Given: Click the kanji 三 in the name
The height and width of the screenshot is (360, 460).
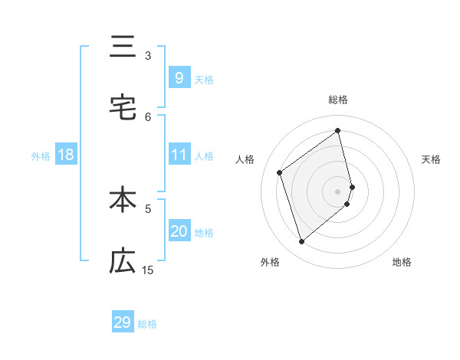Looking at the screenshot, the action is [x=122, y=47].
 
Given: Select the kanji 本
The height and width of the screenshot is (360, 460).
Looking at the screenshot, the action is [x=122, y=201].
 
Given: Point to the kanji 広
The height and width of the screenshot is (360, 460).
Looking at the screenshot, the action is [x=122, y=262].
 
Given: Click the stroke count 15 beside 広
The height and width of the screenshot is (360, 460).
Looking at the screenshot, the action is [x=148, y=270].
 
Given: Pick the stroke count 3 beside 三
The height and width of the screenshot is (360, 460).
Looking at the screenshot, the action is [x=148, y=55].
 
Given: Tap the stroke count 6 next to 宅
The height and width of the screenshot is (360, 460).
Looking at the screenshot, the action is [x=148, y=116].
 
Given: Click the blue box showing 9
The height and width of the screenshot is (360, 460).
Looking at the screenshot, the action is [x=179, y=77].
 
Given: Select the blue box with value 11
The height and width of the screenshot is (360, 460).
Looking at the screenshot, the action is [x=179, y=155].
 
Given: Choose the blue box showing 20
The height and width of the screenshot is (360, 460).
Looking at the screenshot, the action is [x=179, y=231].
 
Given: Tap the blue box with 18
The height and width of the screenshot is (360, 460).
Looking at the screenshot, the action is [x=66, y=155].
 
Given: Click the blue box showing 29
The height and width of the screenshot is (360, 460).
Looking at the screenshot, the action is [x=123, y=322].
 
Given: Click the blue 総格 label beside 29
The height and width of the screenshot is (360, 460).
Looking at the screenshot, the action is [x=147, y=324].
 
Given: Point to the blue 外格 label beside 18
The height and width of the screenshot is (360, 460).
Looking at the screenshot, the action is [x=41, y=156].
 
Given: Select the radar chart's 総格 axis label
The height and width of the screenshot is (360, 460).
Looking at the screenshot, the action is [x=338, y=100].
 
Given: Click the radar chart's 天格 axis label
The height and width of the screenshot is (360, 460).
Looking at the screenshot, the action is [x=431, y=159].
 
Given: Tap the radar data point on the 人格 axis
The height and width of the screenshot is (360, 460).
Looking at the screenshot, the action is [x=280, y=172].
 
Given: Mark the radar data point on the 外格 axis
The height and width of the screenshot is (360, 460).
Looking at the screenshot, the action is [x=301, y=242].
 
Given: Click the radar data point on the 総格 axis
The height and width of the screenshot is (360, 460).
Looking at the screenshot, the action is [x=338, y=130].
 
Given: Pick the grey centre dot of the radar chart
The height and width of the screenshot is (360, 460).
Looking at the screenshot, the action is [x=338, y=190].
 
